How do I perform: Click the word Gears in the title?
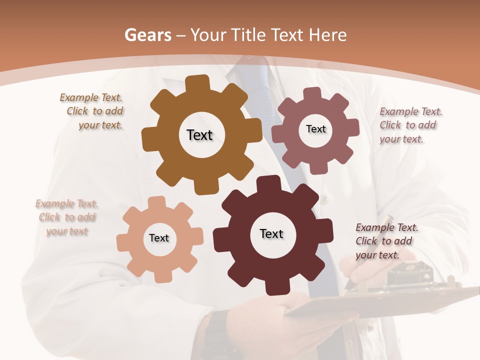tap(147, 35)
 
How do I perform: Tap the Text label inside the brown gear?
tap(199, 135)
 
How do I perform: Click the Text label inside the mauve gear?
tap(315, 129)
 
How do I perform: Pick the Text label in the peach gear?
tap(159, 238)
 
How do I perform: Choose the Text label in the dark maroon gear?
tap(271, 233)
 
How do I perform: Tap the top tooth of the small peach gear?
tap(157, 201)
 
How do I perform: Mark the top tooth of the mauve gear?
tap(312, 93)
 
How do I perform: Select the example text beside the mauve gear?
tap(410, 125)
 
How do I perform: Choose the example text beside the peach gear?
tap(66, 217)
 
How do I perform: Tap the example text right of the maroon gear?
tap(386, 241)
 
